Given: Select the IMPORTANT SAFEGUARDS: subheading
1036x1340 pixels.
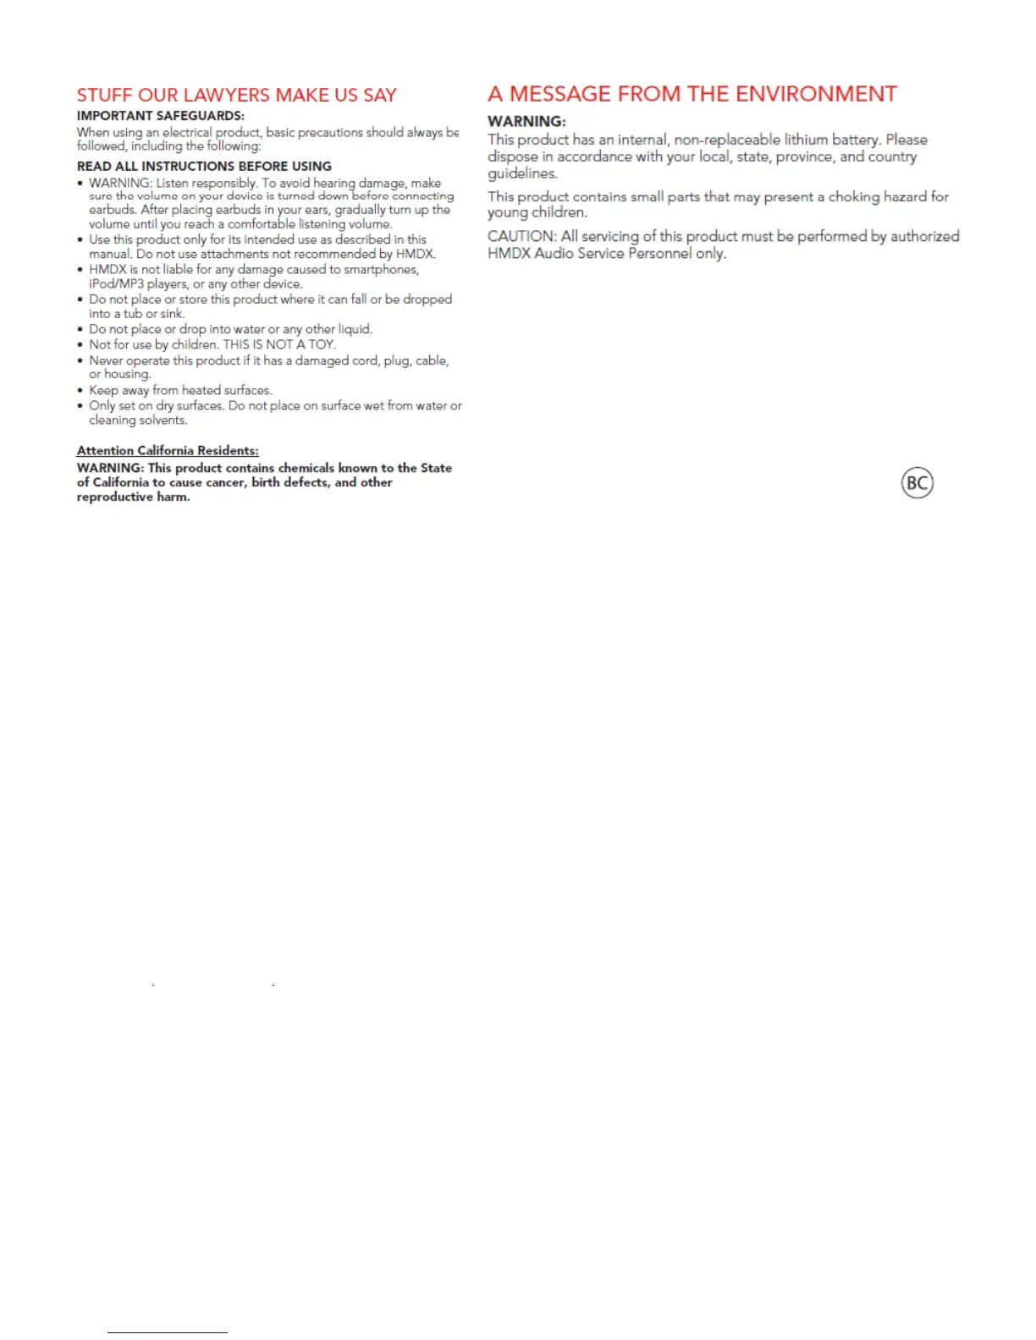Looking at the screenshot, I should pyautogui.click(x=160, y=116).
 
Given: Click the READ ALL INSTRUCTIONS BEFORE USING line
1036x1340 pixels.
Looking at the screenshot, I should pyautogui.click(x=204, y=167).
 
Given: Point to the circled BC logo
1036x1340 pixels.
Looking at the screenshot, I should pyautogui.click(x=917, y=483).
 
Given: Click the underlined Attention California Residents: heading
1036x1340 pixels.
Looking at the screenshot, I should pyautogui.click(x=168, y=451).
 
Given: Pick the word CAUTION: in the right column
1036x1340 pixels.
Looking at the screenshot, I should pyautogui.click(x=521, y=237).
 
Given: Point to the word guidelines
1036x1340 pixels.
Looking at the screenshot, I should pyautogui.click(x=521, y=174).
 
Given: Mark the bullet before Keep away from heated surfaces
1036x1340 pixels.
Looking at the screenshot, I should pyautogui.click(x=80, y=391).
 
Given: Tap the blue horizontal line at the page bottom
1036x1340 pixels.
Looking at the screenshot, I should pyautogui.click(x=168, y=1332).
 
